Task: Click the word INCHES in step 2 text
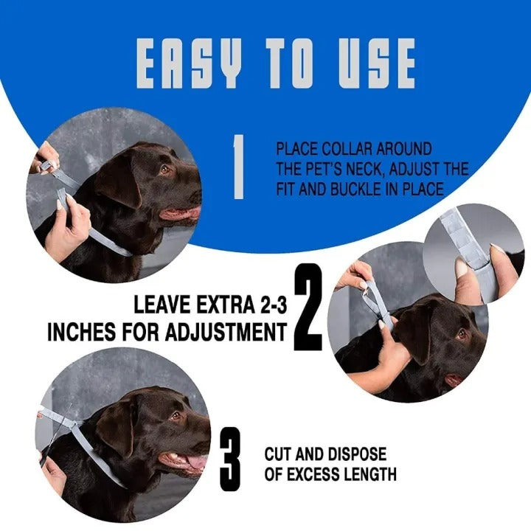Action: (79, 332)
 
